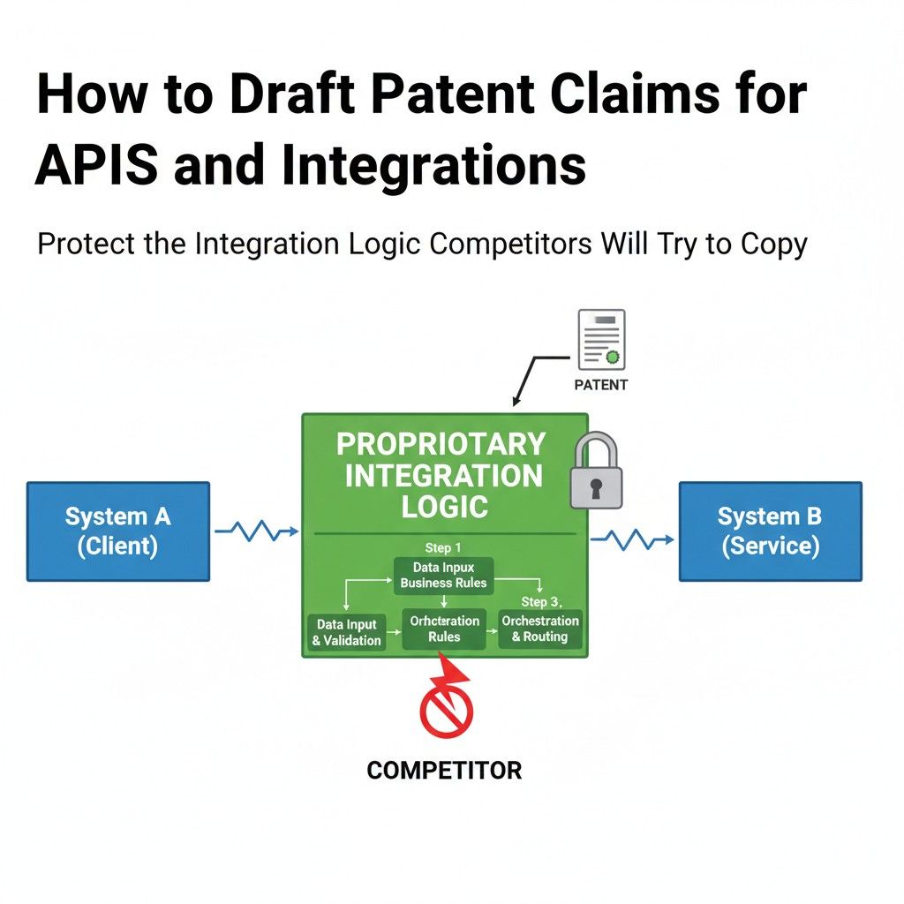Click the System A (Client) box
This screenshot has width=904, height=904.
point(117,531)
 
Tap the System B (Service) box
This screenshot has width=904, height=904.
point(770,531)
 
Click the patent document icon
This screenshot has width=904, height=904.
point(601,339)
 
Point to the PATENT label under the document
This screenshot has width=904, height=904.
point(601,385)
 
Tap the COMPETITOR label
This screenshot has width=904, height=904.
point(444,770)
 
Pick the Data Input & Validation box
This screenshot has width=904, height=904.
point(347,632)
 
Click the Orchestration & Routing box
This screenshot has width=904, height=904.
point(539,629)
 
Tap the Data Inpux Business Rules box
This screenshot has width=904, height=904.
point(443,575)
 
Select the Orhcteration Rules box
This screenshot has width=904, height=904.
point(444,629)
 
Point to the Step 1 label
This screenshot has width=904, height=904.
point(443,547)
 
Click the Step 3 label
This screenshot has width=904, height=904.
point(539,602)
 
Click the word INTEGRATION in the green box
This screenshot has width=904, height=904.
point(443,476)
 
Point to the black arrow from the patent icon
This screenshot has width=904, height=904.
point(532,375)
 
